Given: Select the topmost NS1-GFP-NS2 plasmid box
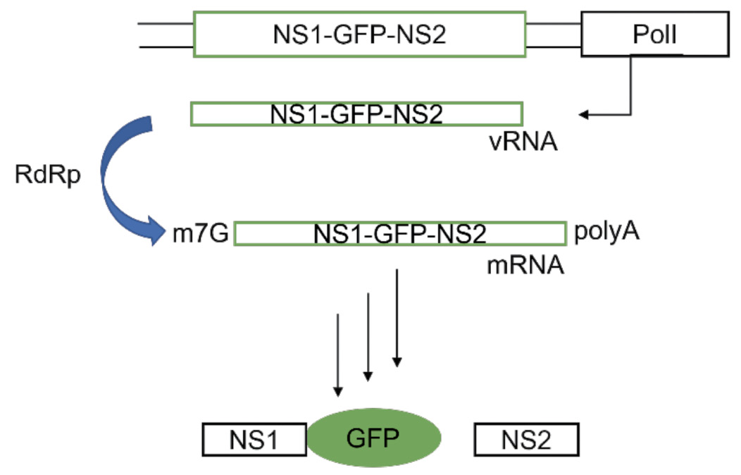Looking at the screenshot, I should pyautogui.click(x=359, y=34).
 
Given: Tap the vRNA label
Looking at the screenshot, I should pyautogui.click(x=524, y=143).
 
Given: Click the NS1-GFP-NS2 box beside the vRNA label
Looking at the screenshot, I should pyautogui.click(x=356, y=113).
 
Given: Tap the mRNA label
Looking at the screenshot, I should pyautogui.click(x=525, y=266).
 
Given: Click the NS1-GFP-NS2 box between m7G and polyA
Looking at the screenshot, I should pyautogui.click(x=400, y=233).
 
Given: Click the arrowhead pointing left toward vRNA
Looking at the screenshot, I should pyautogui.click(x=583, y=114).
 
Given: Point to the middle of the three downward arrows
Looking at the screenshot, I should pyautogui.click(x=368, y=338).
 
